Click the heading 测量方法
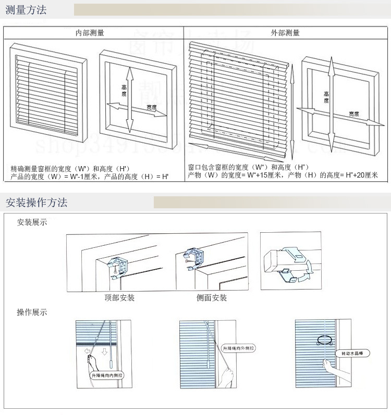click(x=26, y=9)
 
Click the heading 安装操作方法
click(x=36, y=202)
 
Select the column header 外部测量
click(x=285, y=33)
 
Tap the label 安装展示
click(x=32, y=222)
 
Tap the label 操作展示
click(x=32, y=312)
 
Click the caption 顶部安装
click(x=119, y=298)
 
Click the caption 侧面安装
click(x=212, y=298)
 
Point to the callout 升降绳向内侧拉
click(x=107, y=375)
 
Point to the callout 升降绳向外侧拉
click(x=238, y=348)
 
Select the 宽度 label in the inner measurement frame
click(x=151, y=107)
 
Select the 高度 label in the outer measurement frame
click(x=326, y=97)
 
